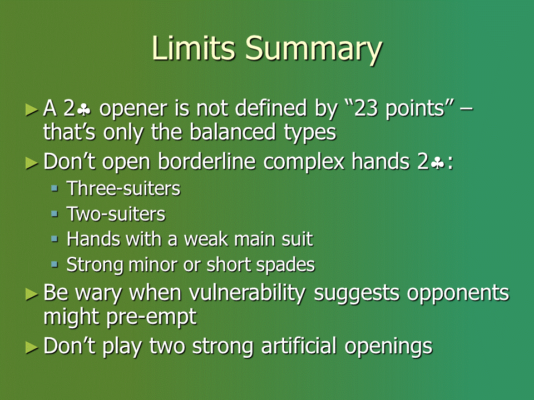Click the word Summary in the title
tap(314, 49)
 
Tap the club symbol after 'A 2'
tap(84, 109)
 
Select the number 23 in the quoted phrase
tap(366, 108)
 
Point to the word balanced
tap(233, 132)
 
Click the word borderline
tap(207, 161)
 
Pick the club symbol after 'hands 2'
tap(437, 163)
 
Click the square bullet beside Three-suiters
tap(55, 188)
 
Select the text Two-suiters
tap(116, 214)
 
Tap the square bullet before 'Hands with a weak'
tap(55, 238)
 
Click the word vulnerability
tap(247, 293)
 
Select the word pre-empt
tap(151, 318)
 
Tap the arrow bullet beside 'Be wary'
tap(32, 294)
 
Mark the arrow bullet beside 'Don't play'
tap(32, 347)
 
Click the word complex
tap(304, 162)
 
